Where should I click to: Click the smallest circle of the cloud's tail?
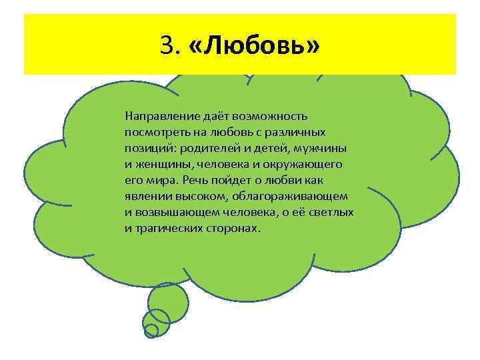[x=151, y=330]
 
